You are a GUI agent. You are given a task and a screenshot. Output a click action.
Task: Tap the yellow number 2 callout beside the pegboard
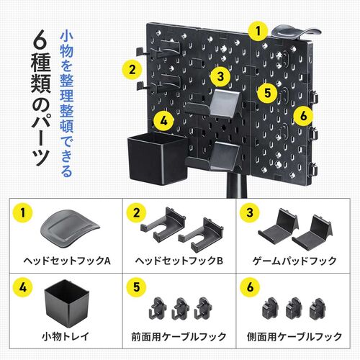coord(130,70)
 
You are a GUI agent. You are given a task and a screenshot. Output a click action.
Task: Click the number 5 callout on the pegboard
coord(267,92)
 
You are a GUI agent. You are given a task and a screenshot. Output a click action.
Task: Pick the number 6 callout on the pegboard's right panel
coord(302,114)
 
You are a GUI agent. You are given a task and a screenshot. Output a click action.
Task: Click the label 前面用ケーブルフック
coord(179,336)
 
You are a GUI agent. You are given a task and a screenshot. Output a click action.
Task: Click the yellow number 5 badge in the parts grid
coord(136,289)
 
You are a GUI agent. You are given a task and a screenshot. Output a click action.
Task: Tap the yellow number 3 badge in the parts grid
coord(250,213)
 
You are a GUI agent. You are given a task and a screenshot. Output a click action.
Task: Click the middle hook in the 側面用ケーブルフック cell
coord(292,308)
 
